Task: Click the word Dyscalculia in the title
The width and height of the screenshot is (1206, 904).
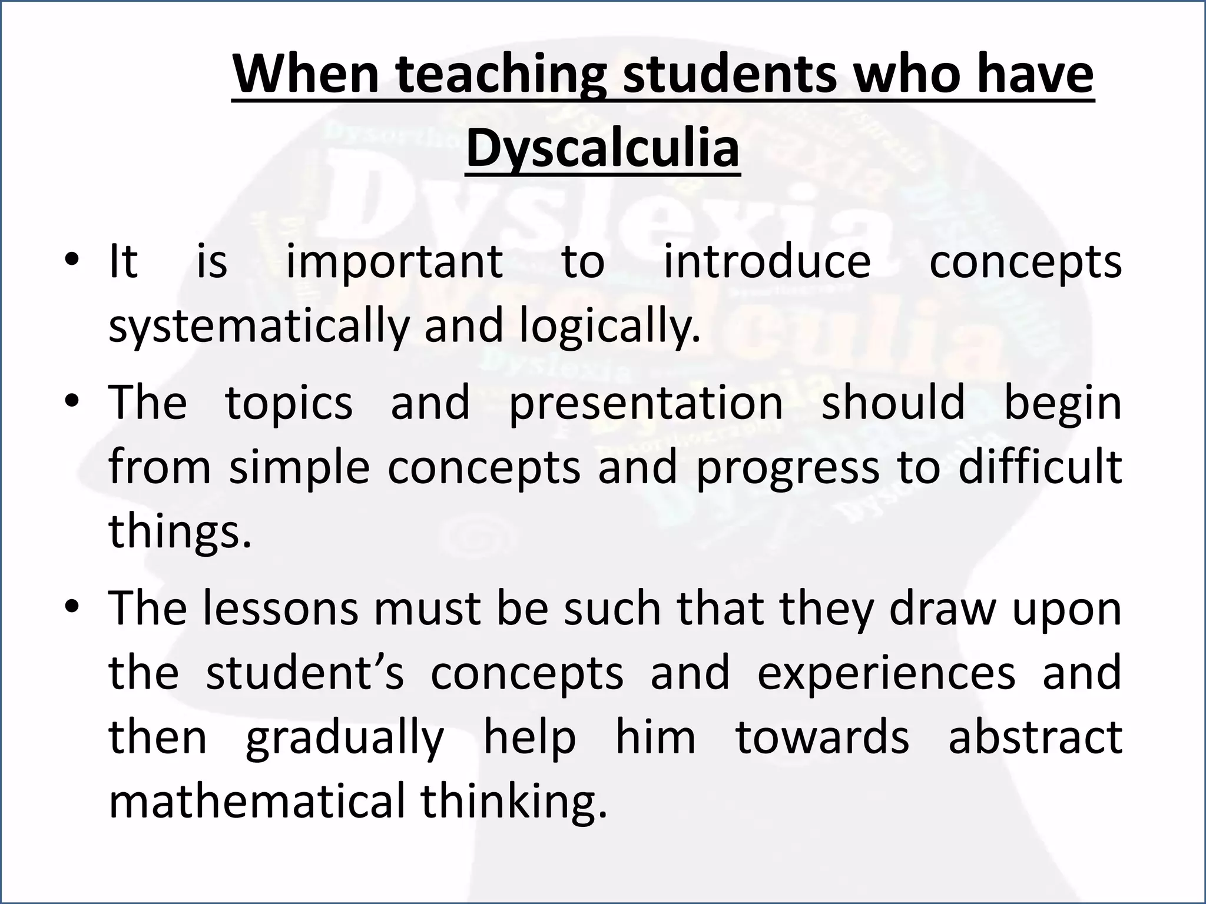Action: pos(602,147)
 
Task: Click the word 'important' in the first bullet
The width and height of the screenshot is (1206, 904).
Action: pos(394,262)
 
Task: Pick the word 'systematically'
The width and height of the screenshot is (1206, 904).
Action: pos(259,327)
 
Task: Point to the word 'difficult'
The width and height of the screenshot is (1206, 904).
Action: pos(1040,467)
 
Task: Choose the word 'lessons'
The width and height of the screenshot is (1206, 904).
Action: pos(280,609)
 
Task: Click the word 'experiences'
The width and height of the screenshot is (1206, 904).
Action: pos(886,673)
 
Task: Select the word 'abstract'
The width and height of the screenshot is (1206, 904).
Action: pos(1035,737)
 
